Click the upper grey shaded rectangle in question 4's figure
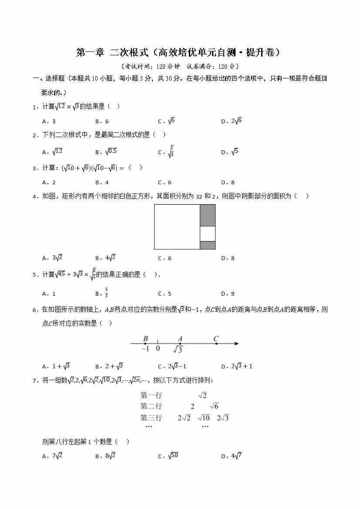click(208, 215)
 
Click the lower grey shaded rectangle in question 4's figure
click(208, 245)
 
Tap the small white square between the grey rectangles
click(208, 233)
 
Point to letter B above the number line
click(145, 339)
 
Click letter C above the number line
click(216, 339)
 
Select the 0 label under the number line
click(158, 348)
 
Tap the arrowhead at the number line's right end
click(236, 344)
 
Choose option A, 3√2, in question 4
click(53, 258)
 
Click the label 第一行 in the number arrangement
click(151, 395)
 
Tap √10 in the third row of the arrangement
click(204, 418)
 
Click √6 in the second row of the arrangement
click(214, 406)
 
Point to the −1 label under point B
click(145, 348)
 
